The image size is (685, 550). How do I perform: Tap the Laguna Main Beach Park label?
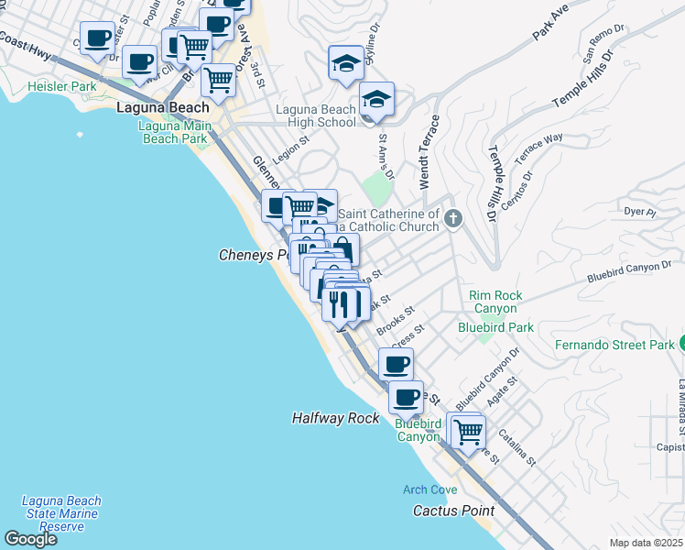174,132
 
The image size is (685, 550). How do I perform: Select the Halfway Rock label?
335,418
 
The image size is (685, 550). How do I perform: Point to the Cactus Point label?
453,511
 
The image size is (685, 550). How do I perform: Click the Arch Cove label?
430,489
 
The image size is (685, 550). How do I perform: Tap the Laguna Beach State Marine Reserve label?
62,513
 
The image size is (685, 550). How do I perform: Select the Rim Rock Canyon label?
495,302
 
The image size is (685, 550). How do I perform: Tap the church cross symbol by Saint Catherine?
453,217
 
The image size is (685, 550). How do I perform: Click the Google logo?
30,539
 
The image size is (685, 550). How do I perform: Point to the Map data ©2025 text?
647,543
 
